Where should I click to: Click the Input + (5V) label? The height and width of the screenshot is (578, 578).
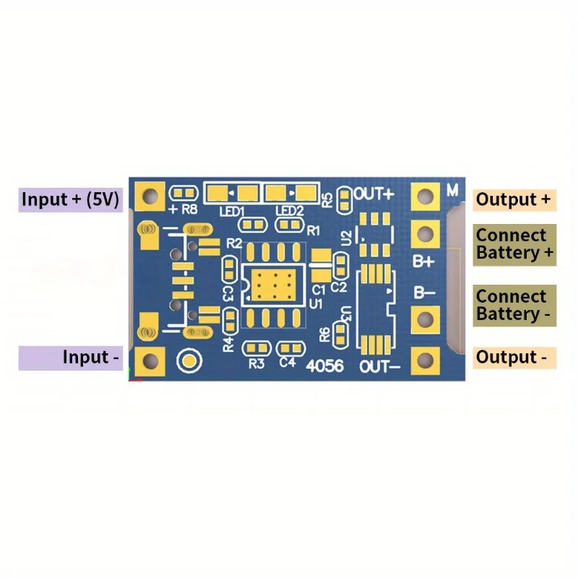tap(70, 199)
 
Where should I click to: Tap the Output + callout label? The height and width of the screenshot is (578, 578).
tap(515, 199)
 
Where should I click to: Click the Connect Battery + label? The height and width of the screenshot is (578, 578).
tap(515, 244)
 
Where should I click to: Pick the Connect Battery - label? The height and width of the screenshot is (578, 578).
tap(515, 305)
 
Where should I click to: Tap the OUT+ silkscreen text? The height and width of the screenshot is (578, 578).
tap(374, 194)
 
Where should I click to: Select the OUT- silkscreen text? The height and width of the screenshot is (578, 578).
tap(379, 366)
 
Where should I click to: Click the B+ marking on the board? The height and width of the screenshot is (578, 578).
tap(423, 261)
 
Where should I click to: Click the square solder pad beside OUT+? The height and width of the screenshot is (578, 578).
tap(425, 196)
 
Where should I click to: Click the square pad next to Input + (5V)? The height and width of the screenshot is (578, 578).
tap(150, 195)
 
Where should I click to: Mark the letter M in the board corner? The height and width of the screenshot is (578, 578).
tap(452, 191)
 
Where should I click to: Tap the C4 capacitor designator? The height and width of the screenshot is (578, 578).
tap(288, 363)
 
